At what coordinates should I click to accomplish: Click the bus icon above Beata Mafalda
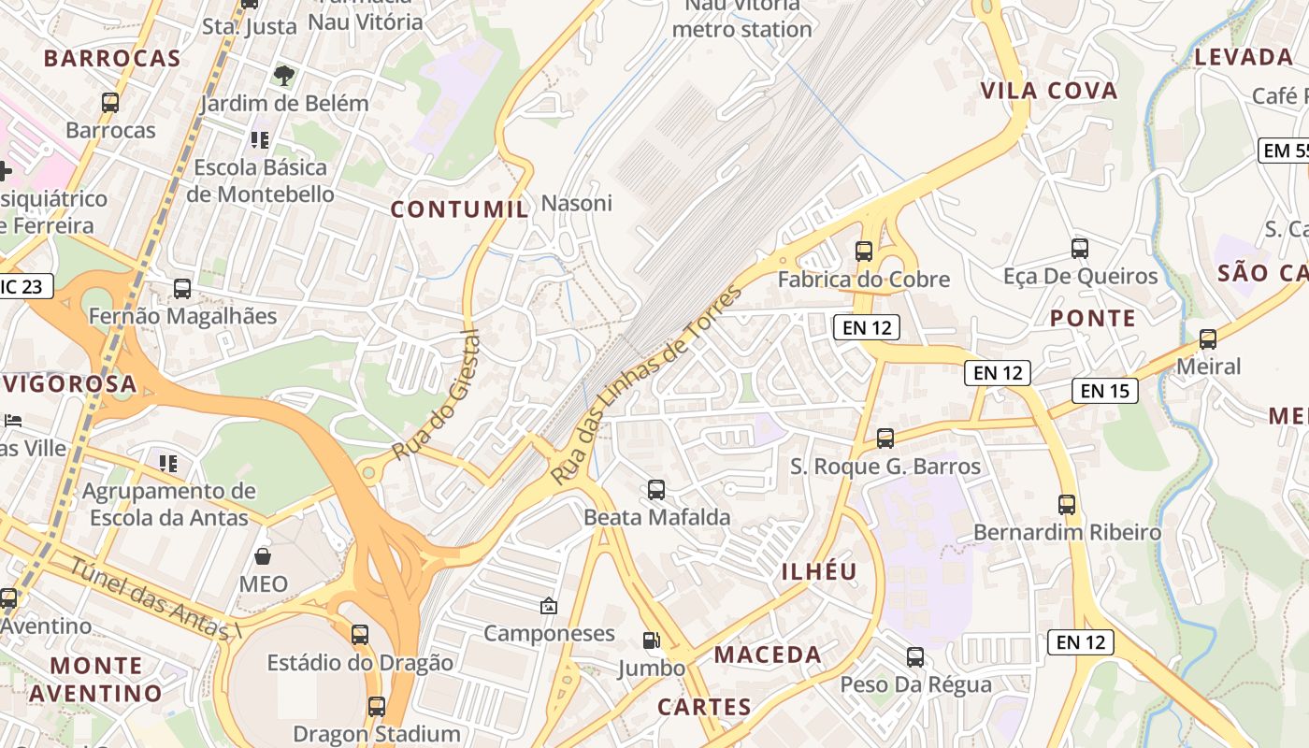656,489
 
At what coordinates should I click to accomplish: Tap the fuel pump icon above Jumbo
651,640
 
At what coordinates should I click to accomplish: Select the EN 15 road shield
1105,391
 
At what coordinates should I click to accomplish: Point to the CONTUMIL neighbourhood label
459,209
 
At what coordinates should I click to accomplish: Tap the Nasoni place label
577,203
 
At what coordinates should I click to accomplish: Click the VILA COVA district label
1049,91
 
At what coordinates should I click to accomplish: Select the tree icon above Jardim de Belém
284,75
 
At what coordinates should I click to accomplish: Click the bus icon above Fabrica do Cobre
864,251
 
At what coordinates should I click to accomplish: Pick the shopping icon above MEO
263,556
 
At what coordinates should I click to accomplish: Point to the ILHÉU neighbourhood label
818,571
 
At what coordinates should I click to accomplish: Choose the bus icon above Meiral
1208,338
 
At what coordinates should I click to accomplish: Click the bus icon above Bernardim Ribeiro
1067,505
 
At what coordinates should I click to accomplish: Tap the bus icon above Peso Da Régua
915,657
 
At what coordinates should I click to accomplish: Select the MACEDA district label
768,654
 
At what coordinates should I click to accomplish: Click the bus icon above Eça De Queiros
1080,249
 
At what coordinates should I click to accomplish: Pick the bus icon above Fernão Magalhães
182,289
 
